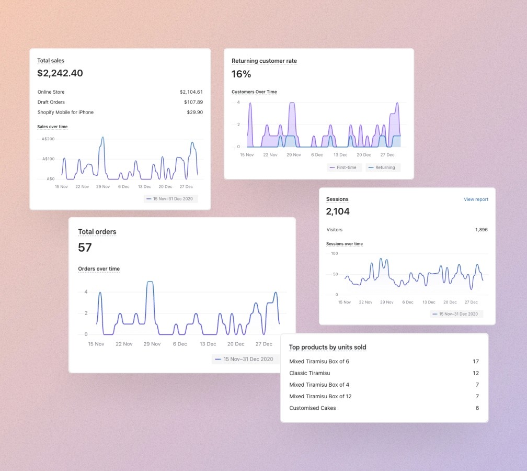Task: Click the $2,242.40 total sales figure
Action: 60,73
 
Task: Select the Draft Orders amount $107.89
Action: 193,102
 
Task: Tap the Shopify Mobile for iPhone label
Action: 65,112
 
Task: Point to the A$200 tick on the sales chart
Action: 48,139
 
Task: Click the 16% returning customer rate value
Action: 241,74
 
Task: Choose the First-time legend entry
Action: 344,167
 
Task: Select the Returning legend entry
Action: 383,167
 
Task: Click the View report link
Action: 476,199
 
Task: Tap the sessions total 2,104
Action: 338,211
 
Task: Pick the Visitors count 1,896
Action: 482,229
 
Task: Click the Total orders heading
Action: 97,232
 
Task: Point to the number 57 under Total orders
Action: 85,248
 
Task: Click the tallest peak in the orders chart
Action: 150,282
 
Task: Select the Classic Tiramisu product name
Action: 310,373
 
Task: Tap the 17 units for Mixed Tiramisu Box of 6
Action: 476,361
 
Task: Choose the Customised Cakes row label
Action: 313,408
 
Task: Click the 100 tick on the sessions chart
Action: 335,253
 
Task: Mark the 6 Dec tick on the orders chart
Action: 180,344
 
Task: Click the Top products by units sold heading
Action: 328,347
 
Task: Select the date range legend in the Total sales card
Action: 171,199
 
